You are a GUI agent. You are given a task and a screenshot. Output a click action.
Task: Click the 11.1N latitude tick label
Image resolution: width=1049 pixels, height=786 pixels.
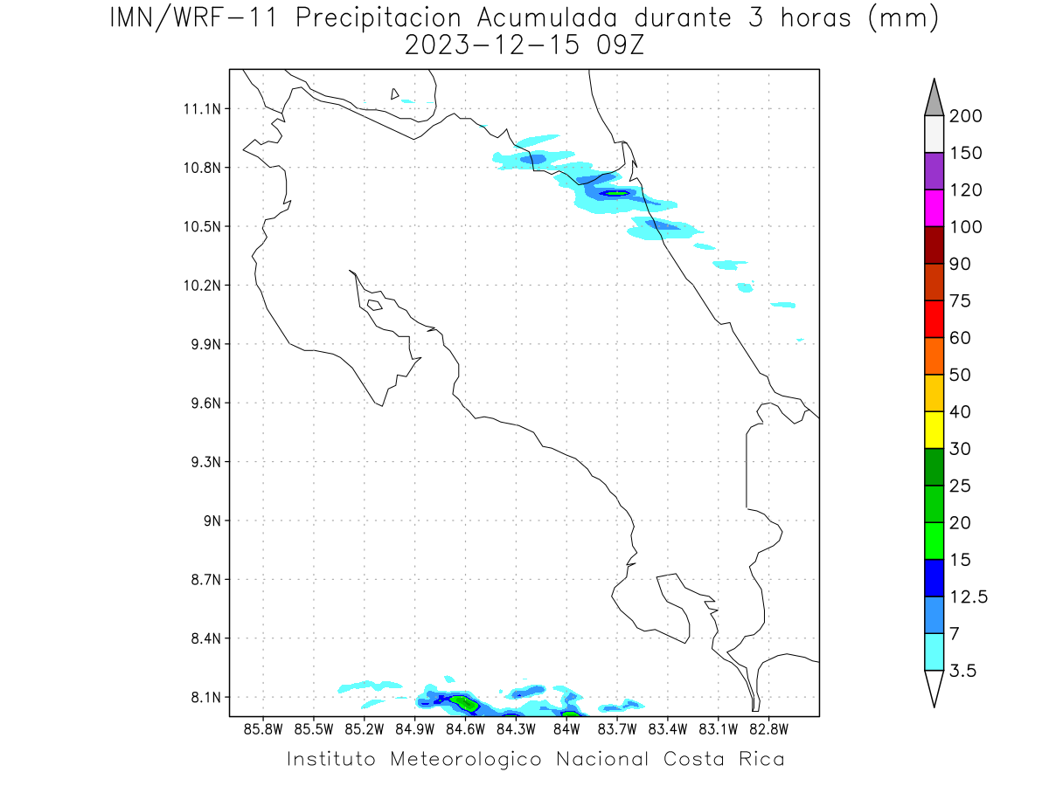pyautogui.click(x=202, y=109)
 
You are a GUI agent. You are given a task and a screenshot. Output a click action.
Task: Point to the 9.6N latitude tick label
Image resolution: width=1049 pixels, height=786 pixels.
pyautogui.click(x=202, y=403)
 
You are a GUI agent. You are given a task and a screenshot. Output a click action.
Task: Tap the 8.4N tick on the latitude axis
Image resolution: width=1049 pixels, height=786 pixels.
pyautogui.click(x=202, y=638)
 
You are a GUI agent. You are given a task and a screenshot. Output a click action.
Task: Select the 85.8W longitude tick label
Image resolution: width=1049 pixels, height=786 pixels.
pyautogui.click(x=263, y=728)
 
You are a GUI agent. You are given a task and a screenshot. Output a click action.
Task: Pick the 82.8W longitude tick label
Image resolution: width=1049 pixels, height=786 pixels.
pyautogui.click(x=769, y=728)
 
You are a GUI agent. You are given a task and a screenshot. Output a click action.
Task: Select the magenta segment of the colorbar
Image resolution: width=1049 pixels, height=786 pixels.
pyautogui.click(x=934, y=209)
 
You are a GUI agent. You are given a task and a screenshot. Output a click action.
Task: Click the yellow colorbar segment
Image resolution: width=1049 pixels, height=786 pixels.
pyautogui.click(x=934, y=430)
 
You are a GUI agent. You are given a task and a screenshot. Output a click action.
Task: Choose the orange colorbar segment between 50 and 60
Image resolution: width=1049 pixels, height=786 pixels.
pyautogui.click(x=934, y=356)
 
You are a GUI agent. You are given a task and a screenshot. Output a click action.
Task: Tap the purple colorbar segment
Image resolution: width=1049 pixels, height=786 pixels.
pyautogui.click(x=934, y=171)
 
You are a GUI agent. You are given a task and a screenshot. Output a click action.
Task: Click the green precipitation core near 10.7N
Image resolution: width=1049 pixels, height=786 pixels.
pyautogui.click(x=615, y=193)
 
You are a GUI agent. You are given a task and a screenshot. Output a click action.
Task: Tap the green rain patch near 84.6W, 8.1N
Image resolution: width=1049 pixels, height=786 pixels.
pyautogui.click(x=467, y=702)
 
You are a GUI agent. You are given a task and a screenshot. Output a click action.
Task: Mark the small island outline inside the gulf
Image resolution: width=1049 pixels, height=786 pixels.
pyautogui.click(x=374, y=305)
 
